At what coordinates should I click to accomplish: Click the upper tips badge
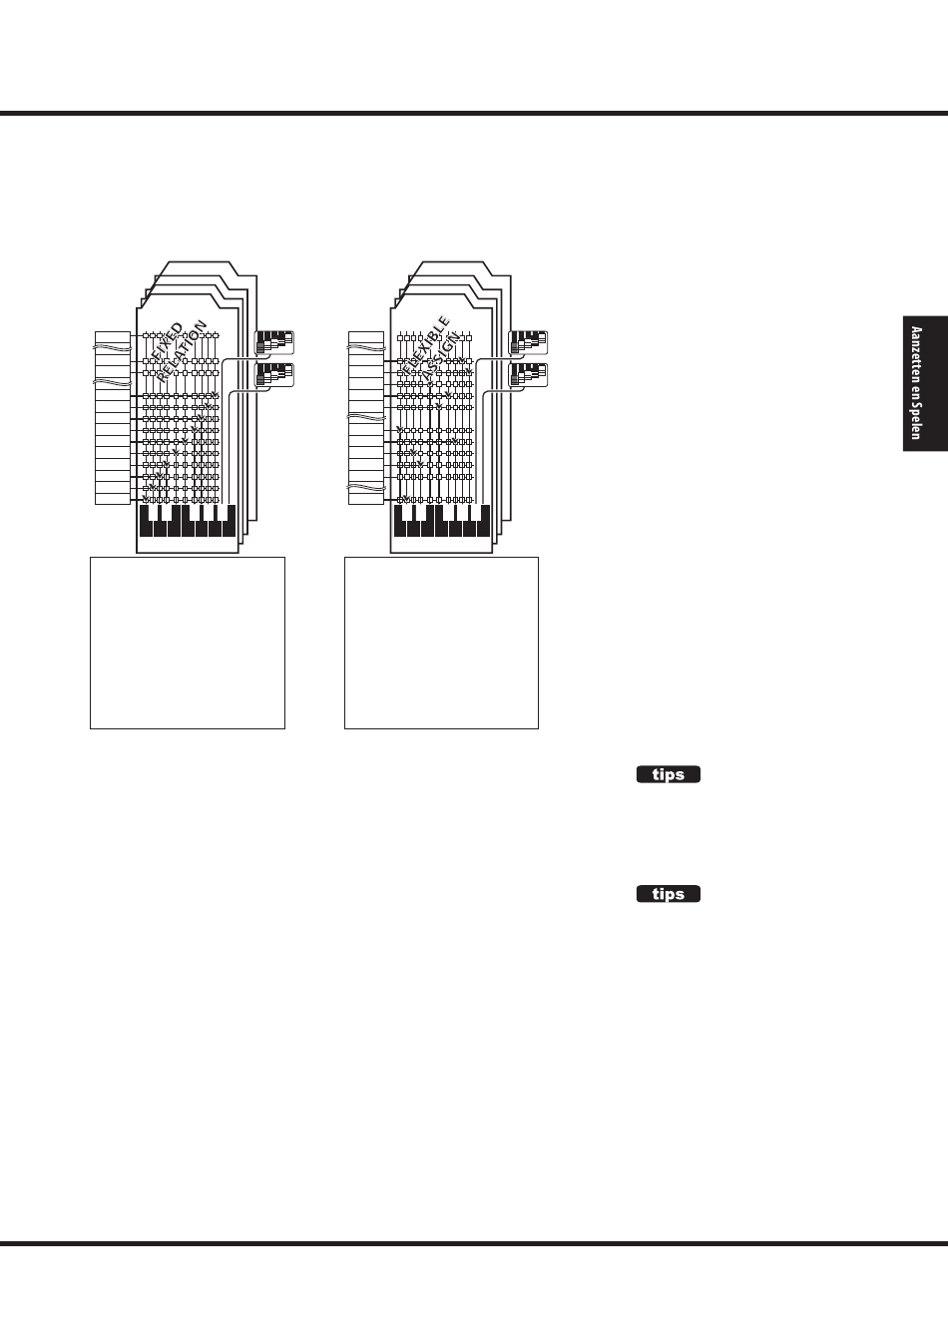pyautogui.click(x=669, y=774)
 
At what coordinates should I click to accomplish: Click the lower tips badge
pyautogui.click(x=669, y=894)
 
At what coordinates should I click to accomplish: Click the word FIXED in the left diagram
pyautogui.click(x=168, y=338)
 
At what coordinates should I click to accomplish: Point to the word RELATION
pyautogui.click(x=182, y=351)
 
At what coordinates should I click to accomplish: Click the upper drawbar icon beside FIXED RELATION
pyautogui.click(x=275, y=342)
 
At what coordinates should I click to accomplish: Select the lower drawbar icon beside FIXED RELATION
pyautogui.click(x=275, y=375)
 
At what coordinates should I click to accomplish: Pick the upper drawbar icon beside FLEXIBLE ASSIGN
pyautogui.click(x=529, y=342)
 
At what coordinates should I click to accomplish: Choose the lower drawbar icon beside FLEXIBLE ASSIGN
pyautogui.click(x=529, y=375)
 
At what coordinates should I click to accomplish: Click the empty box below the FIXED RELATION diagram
pyautogui.click(x=188, y=643)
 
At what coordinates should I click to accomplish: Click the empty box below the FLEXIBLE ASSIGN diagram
pyautogui.click(x=441, y=643)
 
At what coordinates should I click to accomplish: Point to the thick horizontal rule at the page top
pyautogui.click(x=474, y=114)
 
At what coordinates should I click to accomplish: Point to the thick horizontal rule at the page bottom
pyautogui.click(x=474, y=1244)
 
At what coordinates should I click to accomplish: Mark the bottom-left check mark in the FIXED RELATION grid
pyautogui.click(x=147, y=496)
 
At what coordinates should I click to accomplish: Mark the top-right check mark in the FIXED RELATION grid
pyautogui.click(x=214, y=396)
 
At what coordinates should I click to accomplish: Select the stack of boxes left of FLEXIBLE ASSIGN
pyautogui.click(x=366, y=417)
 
